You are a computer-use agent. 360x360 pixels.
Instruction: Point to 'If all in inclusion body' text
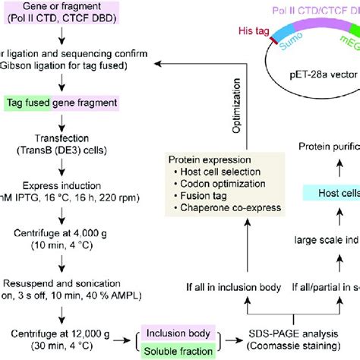(236, 287)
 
